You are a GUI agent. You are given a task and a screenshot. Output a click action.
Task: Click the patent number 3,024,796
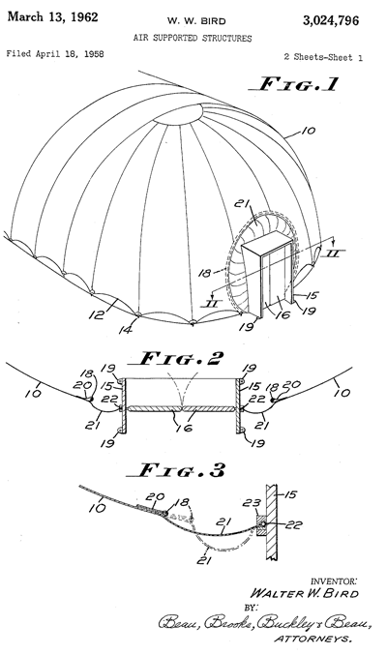pos(331,20)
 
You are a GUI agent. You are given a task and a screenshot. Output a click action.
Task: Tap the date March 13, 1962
pos(52,17)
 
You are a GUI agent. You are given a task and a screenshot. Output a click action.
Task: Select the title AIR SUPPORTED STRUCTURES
pos(193,39)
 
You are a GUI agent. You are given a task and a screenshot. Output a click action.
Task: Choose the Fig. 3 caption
pos(176,470)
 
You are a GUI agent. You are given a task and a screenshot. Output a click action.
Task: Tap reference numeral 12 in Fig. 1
pos(97,313)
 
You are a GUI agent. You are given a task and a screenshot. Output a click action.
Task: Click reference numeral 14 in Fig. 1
pos(126,330)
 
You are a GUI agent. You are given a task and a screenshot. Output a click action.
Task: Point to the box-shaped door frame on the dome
pos(267,276)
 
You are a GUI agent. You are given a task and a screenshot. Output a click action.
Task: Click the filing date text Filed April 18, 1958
pos(55,54)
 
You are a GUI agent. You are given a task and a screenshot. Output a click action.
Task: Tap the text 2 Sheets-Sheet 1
pos(323,57)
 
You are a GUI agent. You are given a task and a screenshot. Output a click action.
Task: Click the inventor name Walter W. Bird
pos(304,594)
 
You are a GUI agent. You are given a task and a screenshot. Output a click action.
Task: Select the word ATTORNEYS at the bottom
pos(313,639)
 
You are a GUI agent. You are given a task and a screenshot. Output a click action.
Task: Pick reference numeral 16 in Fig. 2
pos(185,428)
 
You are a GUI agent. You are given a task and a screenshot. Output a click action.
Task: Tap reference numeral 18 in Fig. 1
pos(204,273)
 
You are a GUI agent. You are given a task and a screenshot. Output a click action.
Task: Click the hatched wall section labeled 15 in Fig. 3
pos(273,521)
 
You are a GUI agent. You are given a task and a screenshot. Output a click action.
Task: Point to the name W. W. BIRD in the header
pos(196,21)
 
